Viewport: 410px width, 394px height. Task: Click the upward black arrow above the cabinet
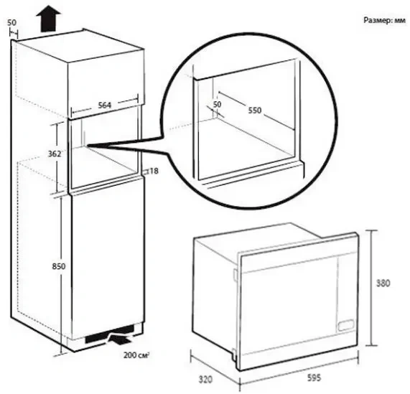[x=48, y=19]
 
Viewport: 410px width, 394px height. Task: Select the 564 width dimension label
[x=104, y=105]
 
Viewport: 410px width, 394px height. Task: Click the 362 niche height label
[x=54, y=154]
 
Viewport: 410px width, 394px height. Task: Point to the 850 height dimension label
[x=59, y=266]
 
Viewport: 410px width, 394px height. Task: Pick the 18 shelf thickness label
[x=154, y=171]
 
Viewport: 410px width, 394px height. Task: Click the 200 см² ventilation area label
[x=136, y=355]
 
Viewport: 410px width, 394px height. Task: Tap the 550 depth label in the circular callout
[x=255, y=111]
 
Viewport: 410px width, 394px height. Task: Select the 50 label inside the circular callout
[x=217, y=104]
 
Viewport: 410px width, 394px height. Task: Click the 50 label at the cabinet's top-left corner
[x=11, y=22]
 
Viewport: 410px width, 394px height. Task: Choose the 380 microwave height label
[x=383, y=283]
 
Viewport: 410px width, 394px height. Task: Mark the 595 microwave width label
[x=314, y=377]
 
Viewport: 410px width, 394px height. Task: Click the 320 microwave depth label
[x=205, y=380]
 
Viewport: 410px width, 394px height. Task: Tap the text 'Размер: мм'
[x=384, y=20]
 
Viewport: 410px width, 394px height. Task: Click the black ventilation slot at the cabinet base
[x=110, y=334]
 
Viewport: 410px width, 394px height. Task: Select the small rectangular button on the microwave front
[x=346, y=325]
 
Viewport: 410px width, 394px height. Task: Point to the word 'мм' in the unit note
[x=400, y=21]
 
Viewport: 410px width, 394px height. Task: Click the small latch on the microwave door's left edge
[x=236, y=275]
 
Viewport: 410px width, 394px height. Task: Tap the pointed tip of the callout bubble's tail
[x=88, y=145]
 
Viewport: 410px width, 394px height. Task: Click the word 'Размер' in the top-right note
[x=378, y=20]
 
